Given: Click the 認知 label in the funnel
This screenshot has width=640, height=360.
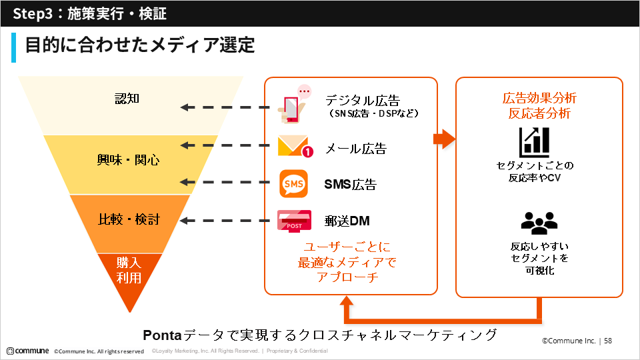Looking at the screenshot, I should pos(127,99).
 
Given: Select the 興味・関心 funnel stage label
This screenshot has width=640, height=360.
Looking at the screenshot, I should pos(129,160).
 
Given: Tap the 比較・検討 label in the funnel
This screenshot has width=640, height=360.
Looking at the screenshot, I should pos(129,219).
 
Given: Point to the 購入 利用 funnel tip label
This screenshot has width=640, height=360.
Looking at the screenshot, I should pos(129,270).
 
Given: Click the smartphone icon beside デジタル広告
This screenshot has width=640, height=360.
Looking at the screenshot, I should pos(293,105).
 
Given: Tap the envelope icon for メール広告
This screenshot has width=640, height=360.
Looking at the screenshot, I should pos(294,147).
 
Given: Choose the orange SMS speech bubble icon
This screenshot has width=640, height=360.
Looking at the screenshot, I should pos(293,184).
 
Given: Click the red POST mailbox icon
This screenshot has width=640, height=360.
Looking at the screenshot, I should pos(294,221).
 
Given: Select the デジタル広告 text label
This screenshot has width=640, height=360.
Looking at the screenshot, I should pos(362,100).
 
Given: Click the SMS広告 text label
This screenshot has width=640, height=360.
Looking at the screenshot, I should pos(350,185).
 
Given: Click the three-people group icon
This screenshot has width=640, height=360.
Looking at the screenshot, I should pos(539,221).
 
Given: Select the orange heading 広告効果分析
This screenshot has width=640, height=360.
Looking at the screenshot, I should pos(539,98).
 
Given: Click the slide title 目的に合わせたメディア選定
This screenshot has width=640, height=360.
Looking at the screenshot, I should pos(140,45).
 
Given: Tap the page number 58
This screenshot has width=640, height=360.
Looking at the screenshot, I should pos(608,341).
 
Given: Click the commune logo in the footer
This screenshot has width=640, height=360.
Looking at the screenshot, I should pos(27,351).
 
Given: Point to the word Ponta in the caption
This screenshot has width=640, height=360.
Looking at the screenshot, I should pos(163,334).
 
